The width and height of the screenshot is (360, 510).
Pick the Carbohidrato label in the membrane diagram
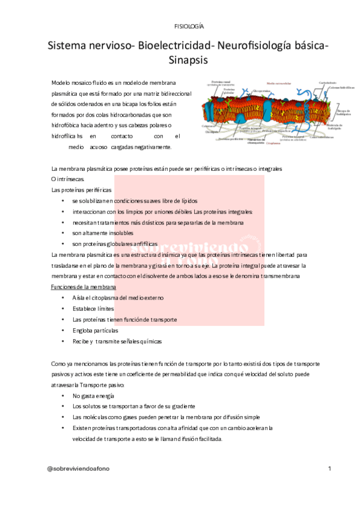[x=327, y=82]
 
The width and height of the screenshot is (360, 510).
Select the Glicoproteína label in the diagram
[x=261, y=91]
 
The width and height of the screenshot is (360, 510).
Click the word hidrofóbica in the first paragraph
[x=69, y=125]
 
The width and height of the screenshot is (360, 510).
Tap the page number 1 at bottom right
[x=329, y=467]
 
